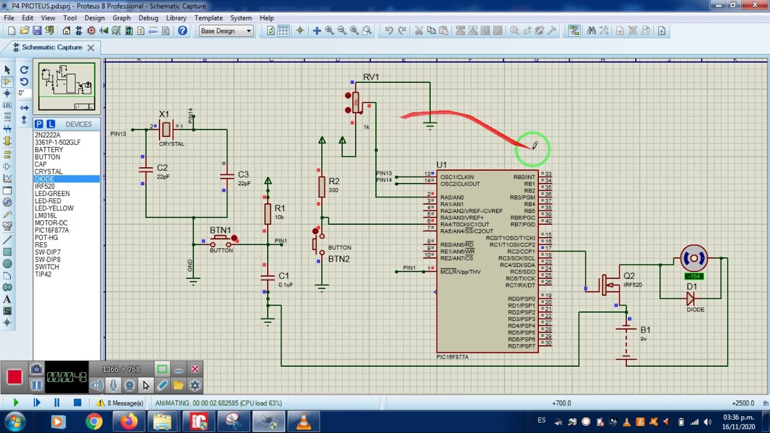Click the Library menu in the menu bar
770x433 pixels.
click(176, 18)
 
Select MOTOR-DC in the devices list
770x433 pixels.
click(51, 223)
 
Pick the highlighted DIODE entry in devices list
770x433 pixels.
click(45, 179)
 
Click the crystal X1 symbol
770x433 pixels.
click(167, 129)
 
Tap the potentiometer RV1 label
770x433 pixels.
click(371, 77)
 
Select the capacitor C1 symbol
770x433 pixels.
click(268, 278)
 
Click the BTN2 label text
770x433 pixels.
click(339, 259)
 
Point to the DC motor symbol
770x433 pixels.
click(694, 259)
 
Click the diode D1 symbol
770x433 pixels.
click(691, 298)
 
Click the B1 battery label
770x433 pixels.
click(645, 330)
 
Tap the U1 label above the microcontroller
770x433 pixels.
click(442, 165)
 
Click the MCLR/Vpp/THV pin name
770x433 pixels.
click(460, 272)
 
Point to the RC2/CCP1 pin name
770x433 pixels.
click(520, 251)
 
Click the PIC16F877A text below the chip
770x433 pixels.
click(452, 357)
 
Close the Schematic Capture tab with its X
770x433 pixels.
click(90, 48)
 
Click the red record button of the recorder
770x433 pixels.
click(14, 377)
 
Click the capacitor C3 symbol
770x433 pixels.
click(227, 176)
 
